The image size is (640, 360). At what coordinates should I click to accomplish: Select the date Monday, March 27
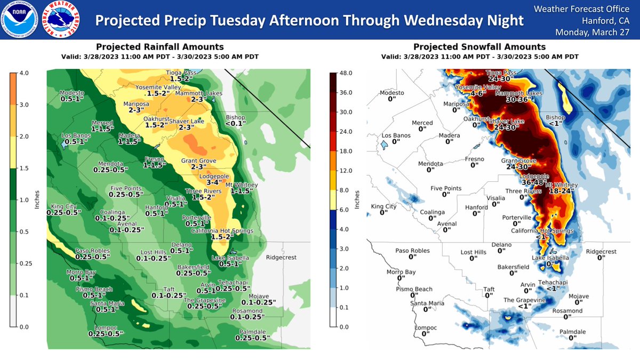coord(596,32)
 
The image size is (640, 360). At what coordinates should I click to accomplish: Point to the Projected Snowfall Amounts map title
coord(479,47)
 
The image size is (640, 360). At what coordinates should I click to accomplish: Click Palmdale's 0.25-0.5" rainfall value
coord(252,338)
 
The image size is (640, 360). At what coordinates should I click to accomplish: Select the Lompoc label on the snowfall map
coord(425,327)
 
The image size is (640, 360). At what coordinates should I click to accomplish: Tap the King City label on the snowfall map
coord(383,206)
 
